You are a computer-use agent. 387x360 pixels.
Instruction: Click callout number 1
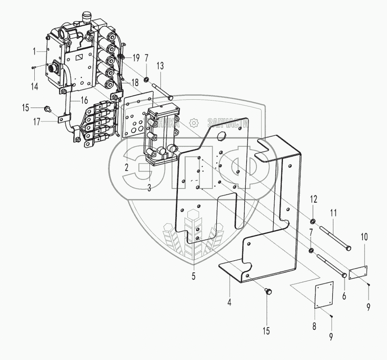(34, 51)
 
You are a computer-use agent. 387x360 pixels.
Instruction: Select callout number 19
(136, 58)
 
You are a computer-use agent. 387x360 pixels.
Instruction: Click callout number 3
(149, 188)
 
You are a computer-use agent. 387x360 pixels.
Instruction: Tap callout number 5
(193, 276)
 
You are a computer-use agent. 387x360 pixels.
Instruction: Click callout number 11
(334, 214)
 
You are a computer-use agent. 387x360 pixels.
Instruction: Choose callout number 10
(364, 237)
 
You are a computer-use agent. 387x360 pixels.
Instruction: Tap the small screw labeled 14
(34, 68)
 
